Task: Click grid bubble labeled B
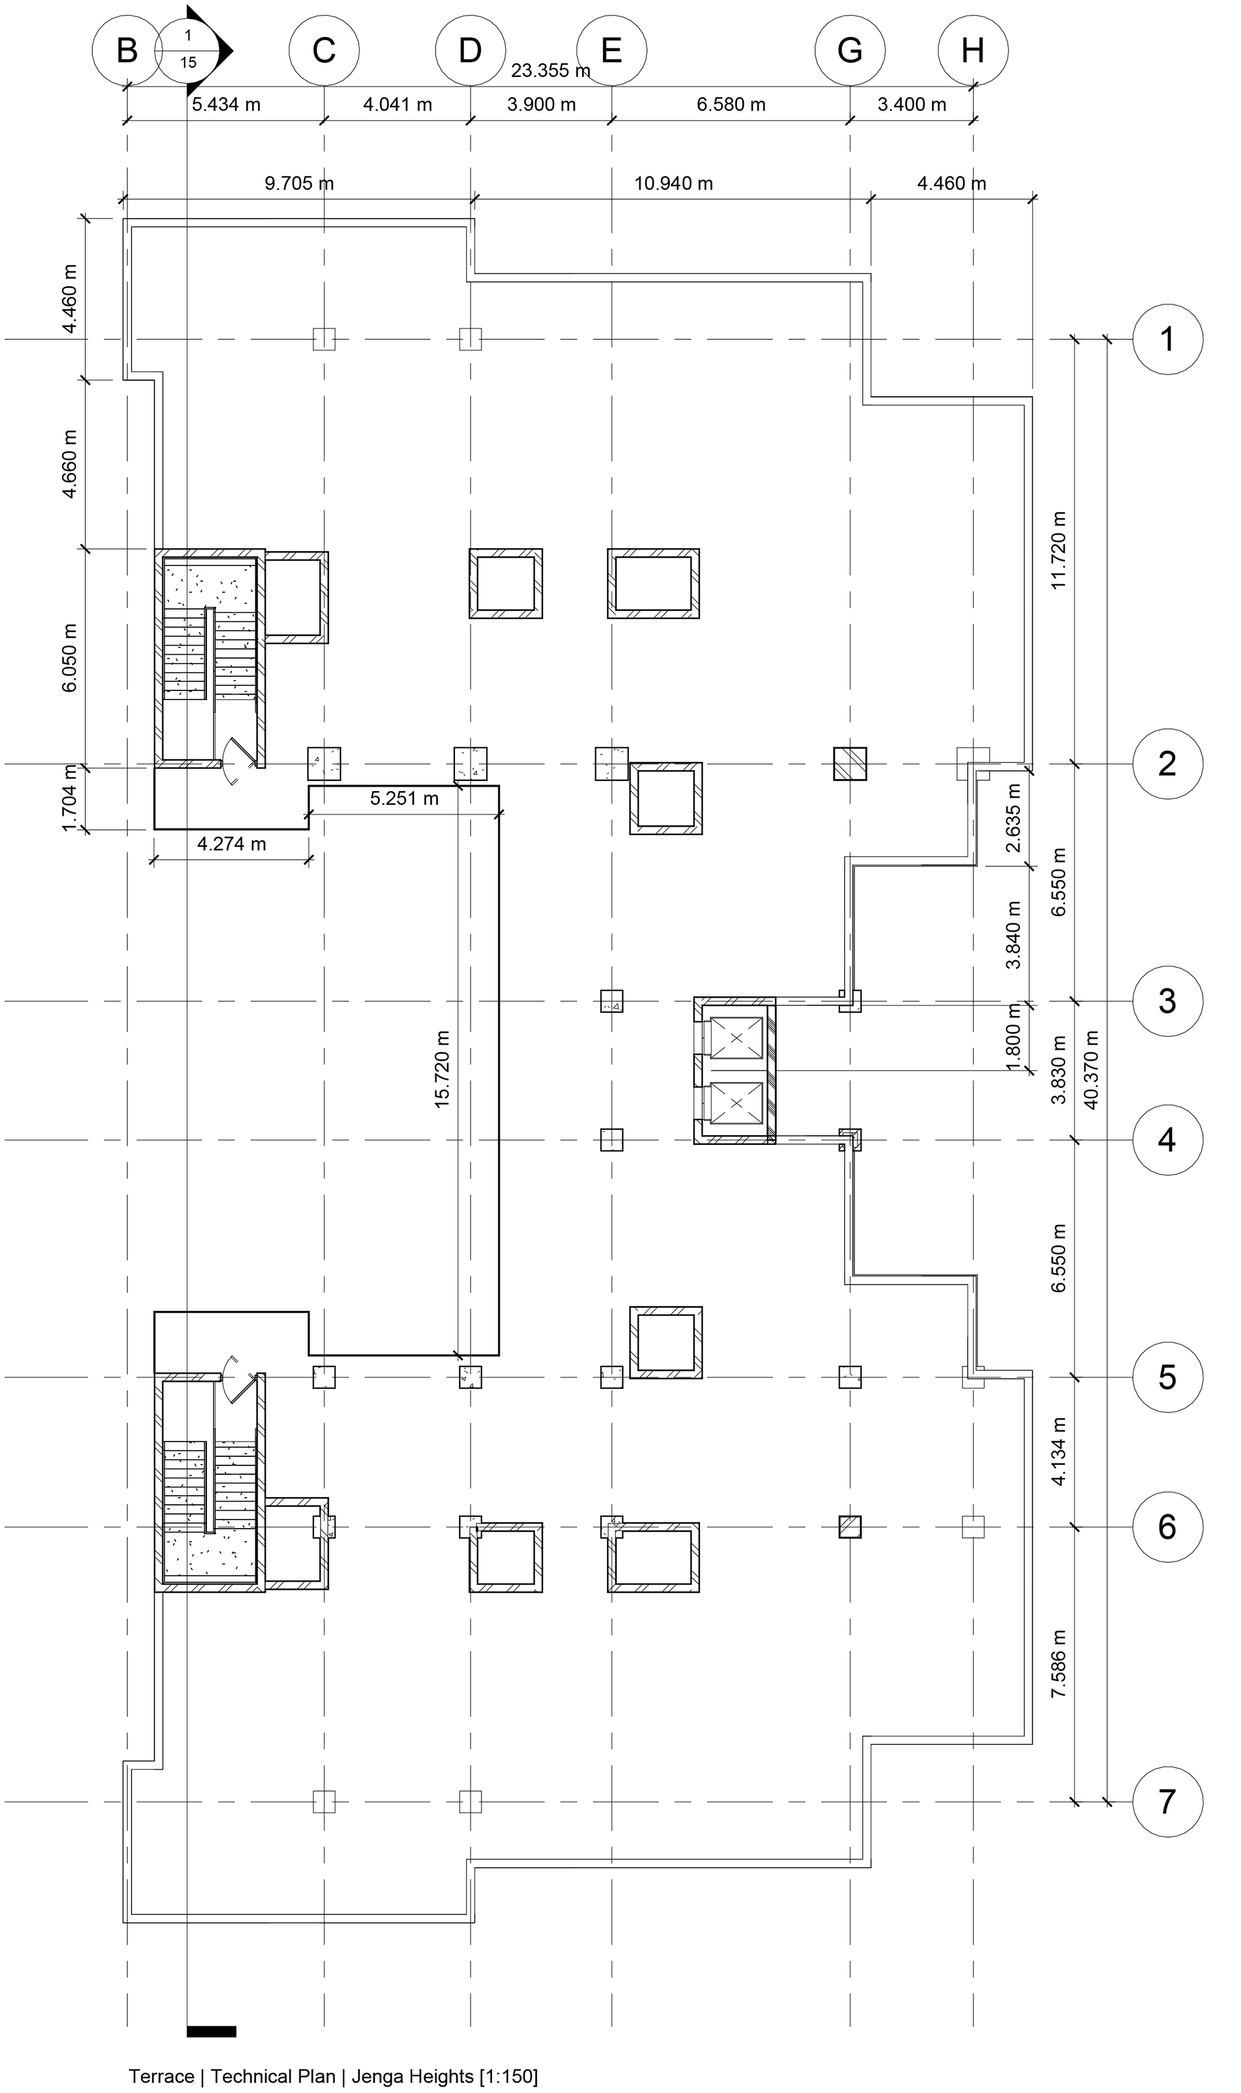click(x=126, y=51)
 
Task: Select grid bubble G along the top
click(x=850, y=51)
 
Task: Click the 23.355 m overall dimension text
click(x=549, y=70)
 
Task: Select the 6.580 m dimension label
click(x=731, y=105)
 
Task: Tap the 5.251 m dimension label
click(x=404, y=798)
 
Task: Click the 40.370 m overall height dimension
click(x=1091, y=1070)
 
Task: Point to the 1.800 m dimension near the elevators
click(x=1014, y=1036)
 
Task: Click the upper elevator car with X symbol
click(x=736, y=1037)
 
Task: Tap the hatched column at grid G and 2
click(x=850, y=763)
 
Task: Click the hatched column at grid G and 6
click(x=850, y=1527)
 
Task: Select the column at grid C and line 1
click(x=324, y=339)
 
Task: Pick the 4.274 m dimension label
click(x=231, y=845)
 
